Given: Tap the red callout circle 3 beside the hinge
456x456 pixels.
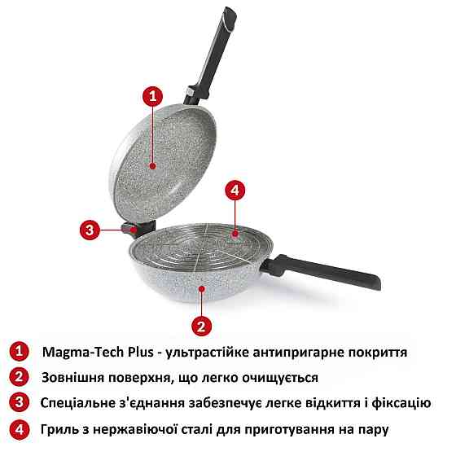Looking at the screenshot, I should pos(90,230).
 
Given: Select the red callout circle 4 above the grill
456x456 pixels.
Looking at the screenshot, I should pos(234,191).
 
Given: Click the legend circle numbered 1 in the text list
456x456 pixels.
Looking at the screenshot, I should pos(17,352).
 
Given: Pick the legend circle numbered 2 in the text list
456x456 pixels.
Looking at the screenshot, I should pos(17,377).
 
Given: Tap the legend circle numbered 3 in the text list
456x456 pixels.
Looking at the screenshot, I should pos(17,402).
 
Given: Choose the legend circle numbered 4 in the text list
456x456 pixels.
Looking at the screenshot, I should pos(17,428).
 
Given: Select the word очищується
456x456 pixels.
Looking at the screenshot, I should pos(278,378).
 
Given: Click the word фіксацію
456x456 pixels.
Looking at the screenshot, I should pos(411,403).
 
